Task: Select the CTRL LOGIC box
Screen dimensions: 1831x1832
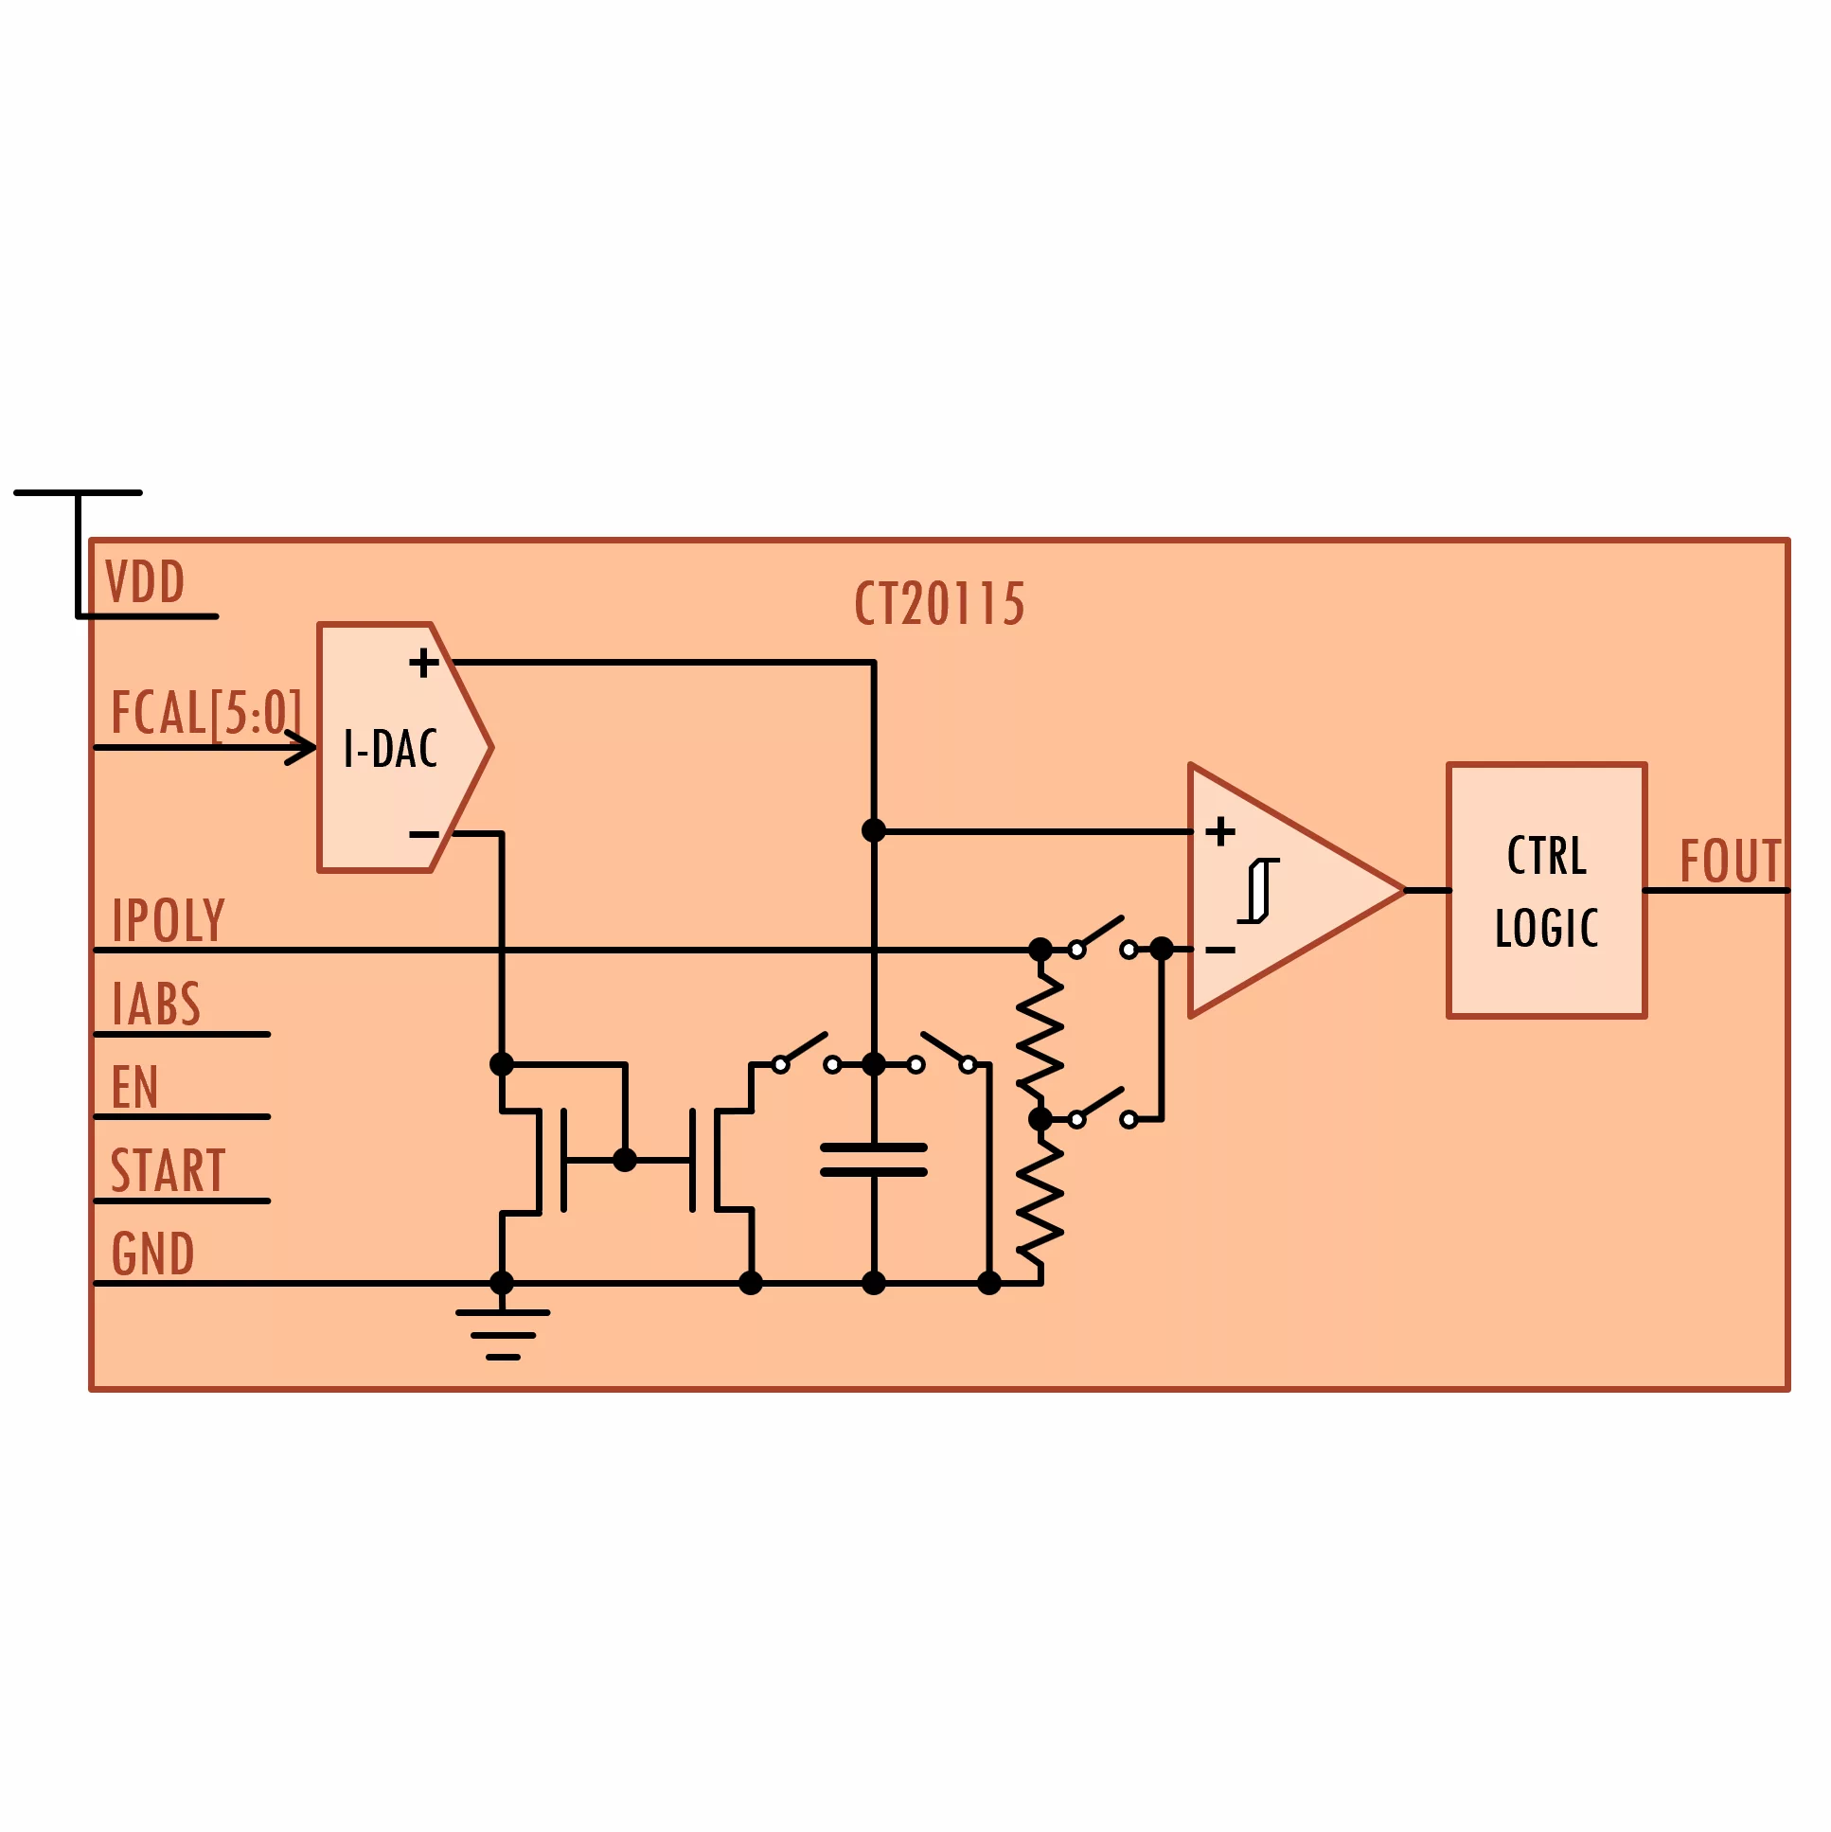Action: [1546, 890]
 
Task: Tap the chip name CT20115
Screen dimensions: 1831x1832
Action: [939, 604]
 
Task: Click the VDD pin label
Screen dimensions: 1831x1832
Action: [145, 581]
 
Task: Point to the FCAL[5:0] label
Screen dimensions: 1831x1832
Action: [205, 713]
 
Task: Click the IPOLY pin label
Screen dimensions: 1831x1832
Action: [168, 920]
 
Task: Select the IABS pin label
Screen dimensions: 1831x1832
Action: [155, 1004]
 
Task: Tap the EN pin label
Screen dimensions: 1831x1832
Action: [133, 1087]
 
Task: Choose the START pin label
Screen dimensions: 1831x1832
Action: [168, 1170]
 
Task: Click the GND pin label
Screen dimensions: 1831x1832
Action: [152, 1254]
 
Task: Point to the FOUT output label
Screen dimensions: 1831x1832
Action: [1731, 861]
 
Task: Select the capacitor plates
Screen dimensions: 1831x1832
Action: [873, 1160]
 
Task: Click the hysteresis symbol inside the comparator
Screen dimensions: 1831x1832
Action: [1258, 890]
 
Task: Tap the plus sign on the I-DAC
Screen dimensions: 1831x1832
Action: [423, 662]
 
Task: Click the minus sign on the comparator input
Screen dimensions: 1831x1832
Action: [1220, 951]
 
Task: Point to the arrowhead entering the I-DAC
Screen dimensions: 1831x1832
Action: [300, 748]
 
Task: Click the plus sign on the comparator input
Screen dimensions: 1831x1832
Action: [1220, 831]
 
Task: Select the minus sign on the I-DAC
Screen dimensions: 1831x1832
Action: [423, 834]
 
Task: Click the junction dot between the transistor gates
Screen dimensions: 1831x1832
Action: [625, 1160]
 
